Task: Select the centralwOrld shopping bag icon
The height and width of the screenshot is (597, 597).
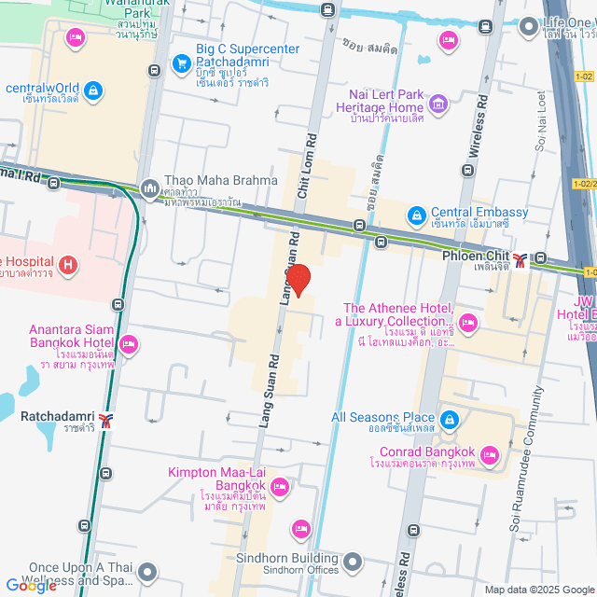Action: tap(92, 90)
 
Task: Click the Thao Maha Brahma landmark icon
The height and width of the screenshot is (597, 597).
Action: tap(149, 189)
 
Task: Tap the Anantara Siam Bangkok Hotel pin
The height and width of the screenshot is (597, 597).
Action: tap(129, 345)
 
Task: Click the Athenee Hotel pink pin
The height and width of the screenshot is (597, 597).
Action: tap(468, 323)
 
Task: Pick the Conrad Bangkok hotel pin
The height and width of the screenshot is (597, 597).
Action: tap(492, 456)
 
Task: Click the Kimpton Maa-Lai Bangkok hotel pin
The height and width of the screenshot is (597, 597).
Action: tap(279, 486)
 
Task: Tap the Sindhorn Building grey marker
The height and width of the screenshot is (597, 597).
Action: tap(353, 562)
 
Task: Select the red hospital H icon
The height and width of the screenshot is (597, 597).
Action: tap(67, 266)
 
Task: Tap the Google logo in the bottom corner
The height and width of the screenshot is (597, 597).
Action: tap(31, 585)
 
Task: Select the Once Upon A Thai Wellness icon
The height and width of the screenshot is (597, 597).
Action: tap(148, 571)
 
